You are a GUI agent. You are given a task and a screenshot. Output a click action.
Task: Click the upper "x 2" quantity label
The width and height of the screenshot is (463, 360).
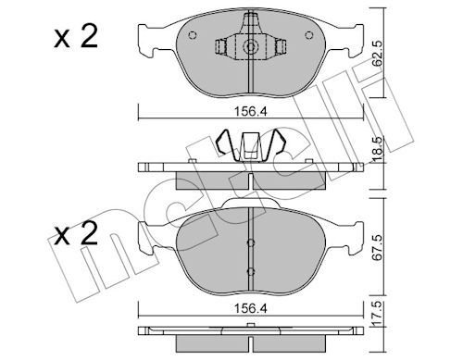click(76, 36)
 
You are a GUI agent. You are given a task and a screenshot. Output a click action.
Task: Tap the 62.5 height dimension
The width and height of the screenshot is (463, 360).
click(377, 54)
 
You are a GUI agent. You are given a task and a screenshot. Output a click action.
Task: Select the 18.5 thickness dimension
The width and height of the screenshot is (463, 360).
click(377, 150)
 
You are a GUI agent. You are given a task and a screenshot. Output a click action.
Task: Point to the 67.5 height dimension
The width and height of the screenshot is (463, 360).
click(377, 248)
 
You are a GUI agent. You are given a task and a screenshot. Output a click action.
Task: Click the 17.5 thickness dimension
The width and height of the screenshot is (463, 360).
click(377, 315)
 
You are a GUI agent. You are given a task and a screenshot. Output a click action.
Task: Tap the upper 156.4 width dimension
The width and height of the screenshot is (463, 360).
click(250, 112)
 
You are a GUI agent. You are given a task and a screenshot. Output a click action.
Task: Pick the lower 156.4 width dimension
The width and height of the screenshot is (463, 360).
click(250, 308)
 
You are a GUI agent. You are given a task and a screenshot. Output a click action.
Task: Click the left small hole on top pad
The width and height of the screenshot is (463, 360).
click(192, 35)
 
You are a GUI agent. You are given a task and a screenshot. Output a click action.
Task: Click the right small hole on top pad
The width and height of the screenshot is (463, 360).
click(308, 35)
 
